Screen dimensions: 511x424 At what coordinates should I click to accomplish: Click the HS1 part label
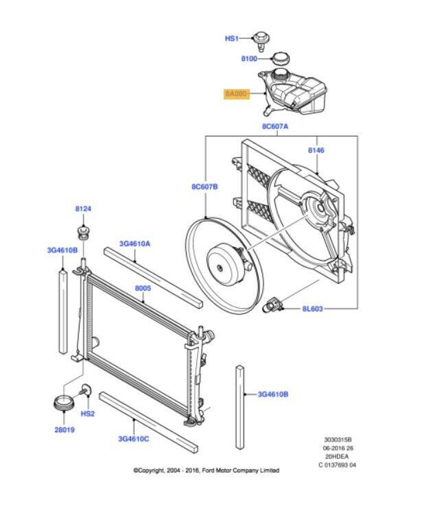point(231,39)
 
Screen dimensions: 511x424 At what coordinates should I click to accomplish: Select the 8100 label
point(249,60)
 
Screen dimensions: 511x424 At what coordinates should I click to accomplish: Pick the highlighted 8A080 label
point(236,94)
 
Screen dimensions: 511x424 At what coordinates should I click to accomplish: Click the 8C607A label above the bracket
point(275,127)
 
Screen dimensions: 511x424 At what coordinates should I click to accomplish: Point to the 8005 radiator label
point(143,289)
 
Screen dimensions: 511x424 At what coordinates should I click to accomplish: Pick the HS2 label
point(88,414)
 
